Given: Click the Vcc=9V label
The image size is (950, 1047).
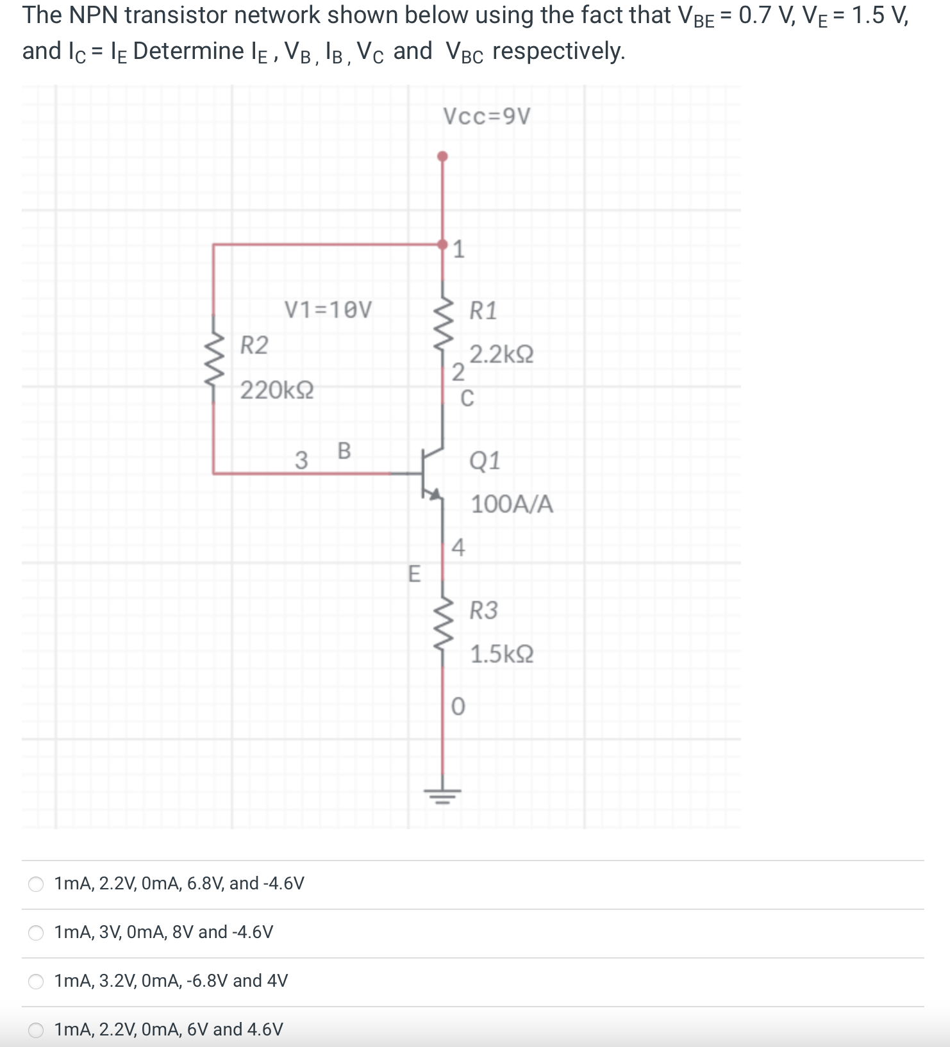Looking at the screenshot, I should (x=487, y=117).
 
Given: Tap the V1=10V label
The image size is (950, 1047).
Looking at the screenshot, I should (x=328, y=310).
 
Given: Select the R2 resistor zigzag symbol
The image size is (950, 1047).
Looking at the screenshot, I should (x=213, y=367).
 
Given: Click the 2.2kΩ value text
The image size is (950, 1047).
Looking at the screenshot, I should (x=501, y=354).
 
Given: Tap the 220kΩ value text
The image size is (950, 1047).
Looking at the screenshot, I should (x=277, y=390).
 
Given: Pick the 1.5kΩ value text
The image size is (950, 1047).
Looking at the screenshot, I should (x=501, y=654).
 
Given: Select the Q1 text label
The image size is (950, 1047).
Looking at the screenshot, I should (x=485, y=460).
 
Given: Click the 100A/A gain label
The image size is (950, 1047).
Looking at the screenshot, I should (x=512, y=504).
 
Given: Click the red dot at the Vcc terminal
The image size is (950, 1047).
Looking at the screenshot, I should (x=442, y=156).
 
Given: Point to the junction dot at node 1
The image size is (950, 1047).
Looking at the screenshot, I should (x=442, y=244).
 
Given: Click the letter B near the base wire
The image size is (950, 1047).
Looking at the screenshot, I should (x=344, y=450).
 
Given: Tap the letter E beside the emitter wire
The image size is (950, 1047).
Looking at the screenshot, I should (x=414, y=573).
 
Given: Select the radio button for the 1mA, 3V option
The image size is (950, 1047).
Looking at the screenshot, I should (x=36, y=932).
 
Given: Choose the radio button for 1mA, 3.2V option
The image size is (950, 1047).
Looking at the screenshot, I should (x=36, y=981).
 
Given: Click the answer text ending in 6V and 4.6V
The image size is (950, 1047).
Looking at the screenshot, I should (x=169, y=1029).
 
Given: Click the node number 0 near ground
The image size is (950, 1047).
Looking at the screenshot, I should (x=458, y=706).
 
